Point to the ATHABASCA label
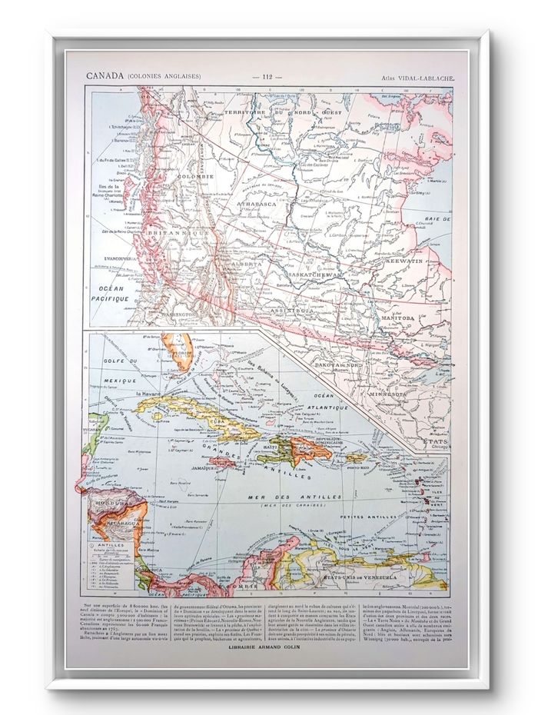pyautogui.click(x=259, y=205)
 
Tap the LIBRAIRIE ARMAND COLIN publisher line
pyautogui.click(x=268, y=646)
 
